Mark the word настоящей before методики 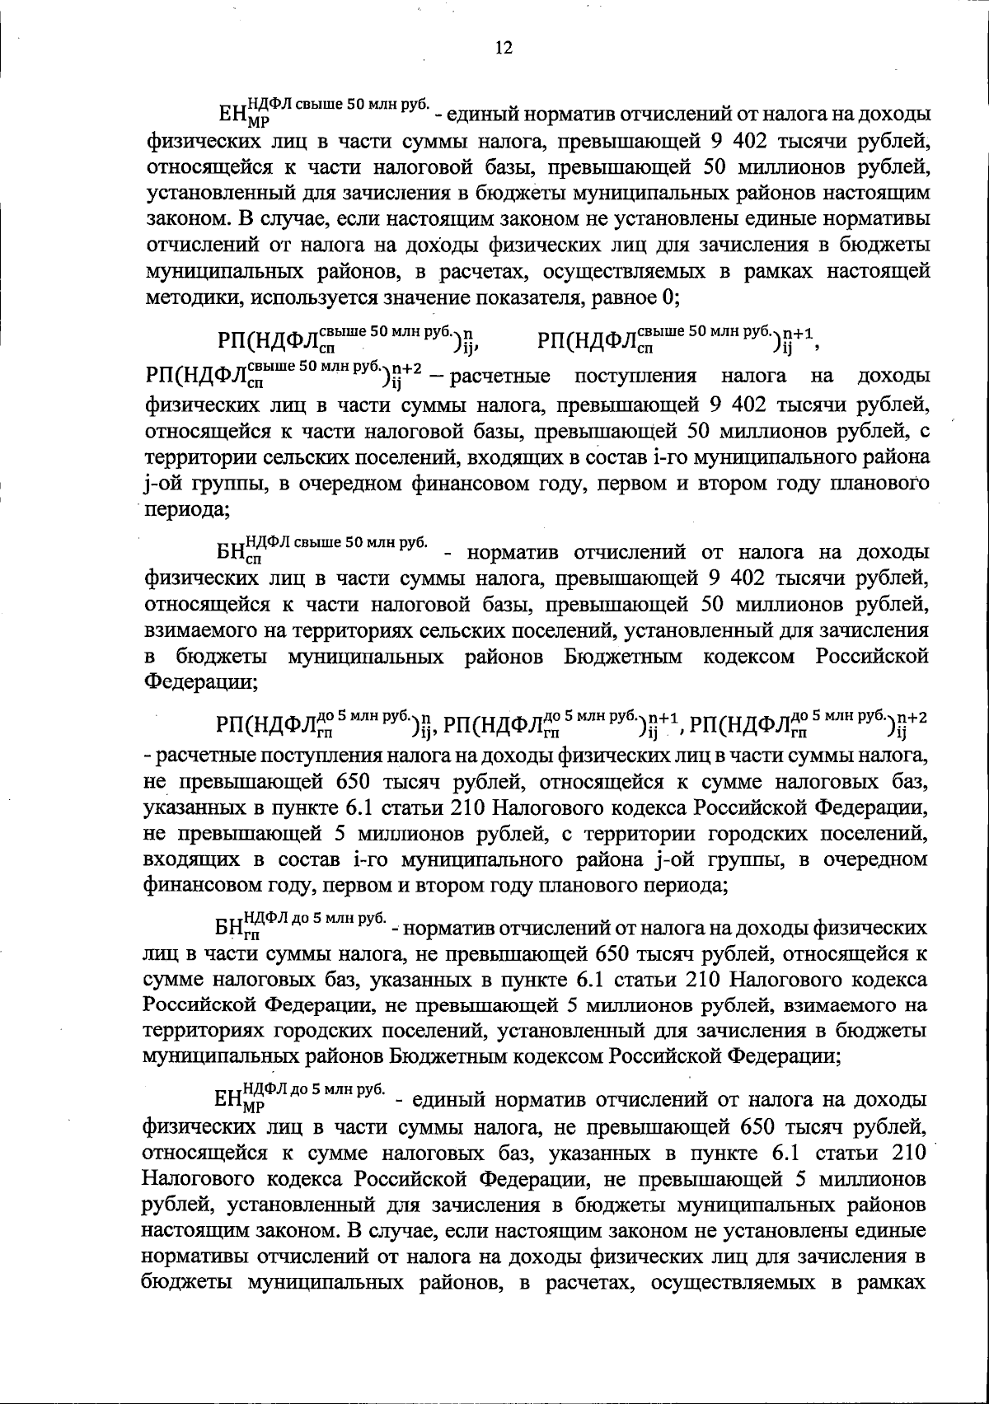[880, 270]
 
